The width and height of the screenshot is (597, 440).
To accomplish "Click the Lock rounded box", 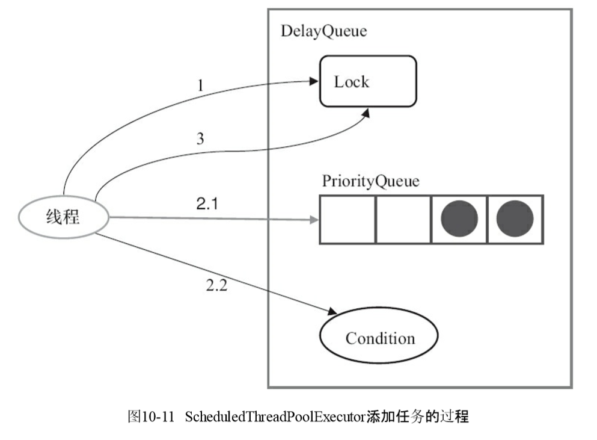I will [367, 81].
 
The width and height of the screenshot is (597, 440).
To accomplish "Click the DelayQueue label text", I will [323, 31].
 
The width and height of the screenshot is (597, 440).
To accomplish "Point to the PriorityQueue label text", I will [370, 181].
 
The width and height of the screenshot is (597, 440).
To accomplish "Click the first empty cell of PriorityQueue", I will [347, 219].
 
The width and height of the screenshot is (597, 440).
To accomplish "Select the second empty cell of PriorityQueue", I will [403, 219].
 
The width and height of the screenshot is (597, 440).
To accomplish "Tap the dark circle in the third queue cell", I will [459, 219].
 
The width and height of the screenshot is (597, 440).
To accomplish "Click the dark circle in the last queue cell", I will [515, 219].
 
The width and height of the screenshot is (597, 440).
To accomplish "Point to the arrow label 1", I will [201, 85].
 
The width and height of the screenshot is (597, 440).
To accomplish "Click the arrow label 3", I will [201, 139].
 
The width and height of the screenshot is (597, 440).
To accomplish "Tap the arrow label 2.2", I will [216, 285].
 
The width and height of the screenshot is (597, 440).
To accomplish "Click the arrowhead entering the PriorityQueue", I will [314, 220].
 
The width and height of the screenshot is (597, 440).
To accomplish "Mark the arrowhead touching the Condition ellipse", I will [332, 312].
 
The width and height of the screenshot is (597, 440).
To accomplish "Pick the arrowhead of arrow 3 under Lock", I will [365, 114].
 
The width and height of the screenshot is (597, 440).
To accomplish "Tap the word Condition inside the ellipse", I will [380, 338].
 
